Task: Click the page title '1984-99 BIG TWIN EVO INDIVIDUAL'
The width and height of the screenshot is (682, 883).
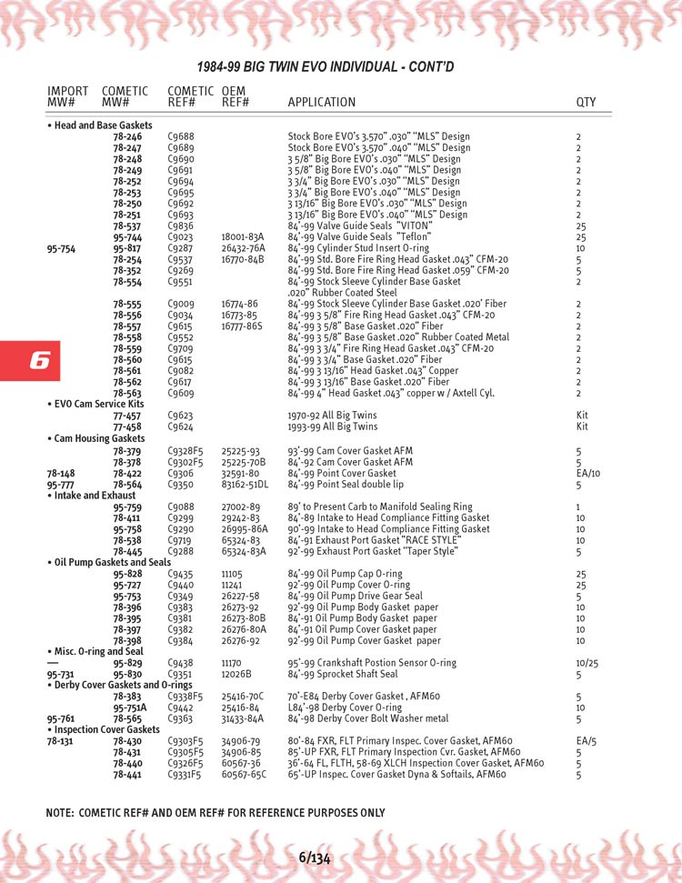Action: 326,66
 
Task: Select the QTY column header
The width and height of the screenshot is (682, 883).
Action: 586,103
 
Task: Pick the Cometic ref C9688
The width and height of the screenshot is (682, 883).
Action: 181,136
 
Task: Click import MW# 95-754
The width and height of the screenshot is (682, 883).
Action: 61,248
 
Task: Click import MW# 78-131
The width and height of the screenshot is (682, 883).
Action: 61,741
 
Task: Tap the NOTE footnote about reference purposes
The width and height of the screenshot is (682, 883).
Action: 215,813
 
